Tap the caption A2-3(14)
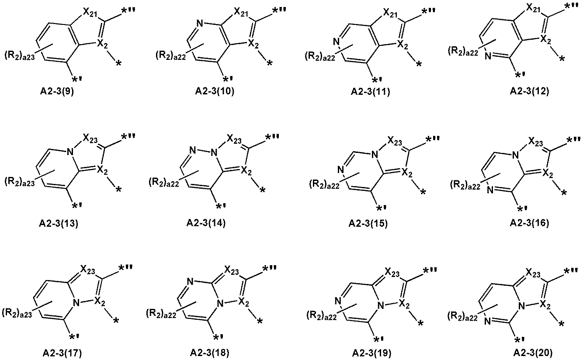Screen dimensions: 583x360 tap(206, 223)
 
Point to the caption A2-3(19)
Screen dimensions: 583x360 tap(371, 353)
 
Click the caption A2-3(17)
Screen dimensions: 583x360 tap(62, 353)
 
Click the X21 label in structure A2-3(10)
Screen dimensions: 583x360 tap(241, 12)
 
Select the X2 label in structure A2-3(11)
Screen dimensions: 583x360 tap(403, 45)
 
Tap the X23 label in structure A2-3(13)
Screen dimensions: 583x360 tap(90, 138)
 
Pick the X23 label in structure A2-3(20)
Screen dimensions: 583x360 tap(533, 273)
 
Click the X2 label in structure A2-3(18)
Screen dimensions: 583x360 tap(243, 302)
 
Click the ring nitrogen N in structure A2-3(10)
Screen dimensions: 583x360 tap(200, 24)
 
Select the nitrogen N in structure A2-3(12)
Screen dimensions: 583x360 tap(488, 55)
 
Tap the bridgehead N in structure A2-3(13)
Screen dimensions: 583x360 tap(70, 152)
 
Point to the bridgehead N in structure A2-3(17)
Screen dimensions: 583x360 tap(76, 302)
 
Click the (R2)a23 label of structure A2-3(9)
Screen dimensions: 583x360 tap(20, 55)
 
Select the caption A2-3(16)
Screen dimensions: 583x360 tap(529, 223)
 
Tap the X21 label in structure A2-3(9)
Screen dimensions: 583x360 tap(90, 13)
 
